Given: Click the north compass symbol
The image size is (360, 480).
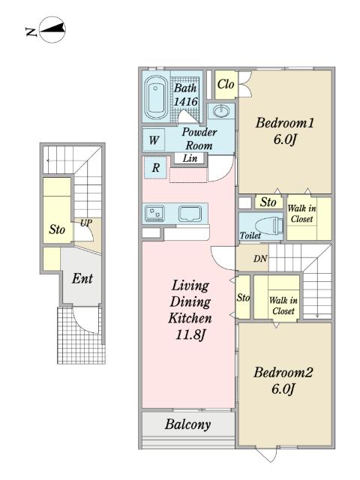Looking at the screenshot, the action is (x=52, y=30).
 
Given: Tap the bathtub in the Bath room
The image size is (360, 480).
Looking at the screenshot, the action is (x=156, y=97).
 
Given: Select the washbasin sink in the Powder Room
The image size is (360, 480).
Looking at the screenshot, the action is (x=221, y=110).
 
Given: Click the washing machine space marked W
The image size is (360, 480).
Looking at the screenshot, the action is (x=154, y=140).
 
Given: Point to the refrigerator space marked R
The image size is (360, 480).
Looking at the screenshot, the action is (x=156, y=168).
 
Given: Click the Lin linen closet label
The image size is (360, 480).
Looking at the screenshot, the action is (x=190, y=158).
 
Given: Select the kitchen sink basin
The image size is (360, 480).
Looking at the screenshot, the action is (x=190, y=213).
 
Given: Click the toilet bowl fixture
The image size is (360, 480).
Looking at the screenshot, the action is (x=269, y=225).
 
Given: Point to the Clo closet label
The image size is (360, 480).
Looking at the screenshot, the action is (x=226, y=84).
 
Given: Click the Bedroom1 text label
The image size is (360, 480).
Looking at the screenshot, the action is (x=285, y=123).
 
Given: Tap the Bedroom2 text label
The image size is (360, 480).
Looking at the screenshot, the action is (x=283, y=373).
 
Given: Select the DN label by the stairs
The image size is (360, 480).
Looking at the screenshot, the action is (x=260, y=259).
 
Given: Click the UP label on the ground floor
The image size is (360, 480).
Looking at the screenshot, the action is (x=86, y=223).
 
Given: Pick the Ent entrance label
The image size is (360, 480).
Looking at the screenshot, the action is (x=82, y=278).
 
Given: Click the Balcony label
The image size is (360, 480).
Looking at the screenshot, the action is (x=188, y=424).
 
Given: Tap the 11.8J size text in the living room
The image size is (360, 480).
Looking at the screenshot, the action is (x=190, y=334).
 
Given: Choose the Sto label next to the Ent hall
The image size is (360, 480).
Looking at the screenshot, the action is (x=57, y=229).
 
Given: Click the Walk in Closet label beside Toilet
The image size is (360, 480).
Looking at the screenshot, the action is (x=301, y=214).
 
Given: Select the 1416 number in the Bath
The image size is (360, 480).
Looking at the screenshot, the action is (x=185, y=102).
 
